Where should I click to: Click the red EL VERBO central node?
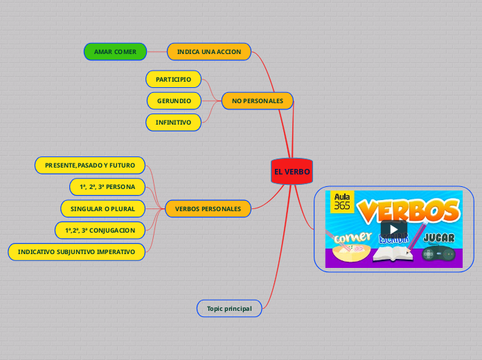pos(292,172)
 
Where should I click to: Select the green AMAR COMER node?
pos(115,52)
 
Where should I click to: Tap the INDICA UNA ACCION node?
pos(209,52)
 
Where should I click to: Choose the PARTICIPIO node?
pos(173,80)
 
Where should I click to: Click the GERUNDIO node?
pos(174,101)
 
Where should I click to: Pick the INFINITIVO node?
pos(173,123)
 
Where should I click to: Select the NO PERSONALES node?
pos(257,101)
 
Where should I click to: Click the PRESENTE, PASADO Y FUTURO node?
pos(90,165)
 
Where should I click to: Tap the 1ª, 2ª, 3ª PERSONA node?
pos(107,187)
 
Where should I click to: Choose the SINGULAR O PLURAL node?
pos(103,208)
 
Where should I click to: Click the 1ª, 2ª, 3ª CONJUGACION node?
pos(100,230)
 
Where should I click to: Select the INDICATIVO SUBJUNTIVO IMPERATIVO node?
pos(76,251)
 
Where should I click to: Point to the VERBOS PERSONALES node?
pos(208,208)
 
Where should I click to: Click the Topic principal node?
pos(229,307)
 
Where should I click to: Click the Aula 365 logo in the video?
pos(342,201)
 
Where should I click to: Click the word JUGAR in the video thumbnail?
pos(439,238)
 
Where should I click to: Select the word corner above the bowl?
pos(352,237)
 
